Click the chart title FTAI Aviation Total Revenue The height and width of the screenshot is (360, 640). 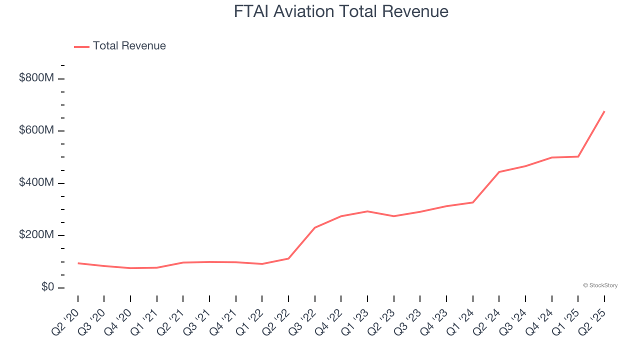pyautogui.click(x=341, y=11)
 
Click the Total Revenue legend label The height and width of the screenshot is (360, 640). pyautogui.click(x=129, y=46)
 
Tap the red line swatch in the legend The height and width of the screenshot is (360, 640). pyautogui.click(x=81, y=46)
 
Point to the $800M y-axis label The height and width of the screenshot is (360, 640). pyautogui.click(x=36, y=78)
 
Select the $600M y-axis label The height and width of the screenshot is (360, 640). pyautogui.click(x=36, y=130)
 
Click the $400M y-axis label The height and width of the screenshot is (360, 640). pyautogui.click(x=36, y=183)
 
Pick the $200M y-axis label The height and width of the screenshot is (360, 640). pyautogui.click(x=36, y=235)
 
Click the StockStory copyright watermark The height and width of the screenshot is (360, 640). pyautogui.click(x=600, y=285)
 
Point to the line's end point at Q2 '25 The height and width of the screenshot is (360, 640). pyautogui.click(x=604, y=111)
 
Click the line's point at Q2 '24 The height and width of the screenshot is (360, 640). pyautogui.click(x=499, y=172)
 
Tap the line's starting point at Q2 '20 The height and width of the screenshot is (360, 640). pyautogui.click(x=78, y=263)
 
